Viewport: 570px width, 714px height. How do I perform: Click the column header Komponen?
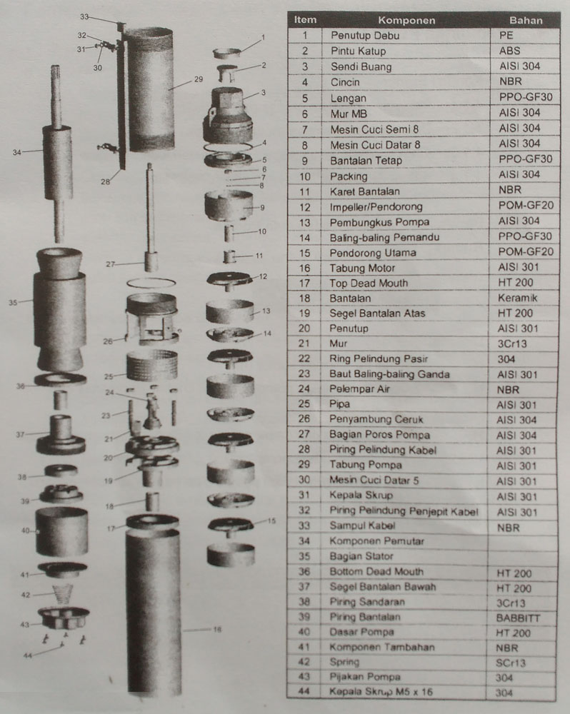point(406,20)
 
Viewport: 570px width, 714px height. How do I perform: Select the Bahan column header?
point(526,20)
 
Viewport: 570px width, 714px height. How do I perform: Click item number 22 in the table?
point(305,358)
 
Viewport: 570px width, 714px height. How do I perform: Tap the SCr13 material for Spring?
point(513,662)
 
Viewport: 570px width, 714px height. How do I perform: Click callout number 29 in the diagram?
point(199,80)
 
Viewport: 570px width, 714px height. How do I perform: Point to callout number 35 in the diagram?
point(12,303)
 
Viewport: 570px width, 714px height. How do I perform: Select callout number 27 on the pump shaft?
point(110,263)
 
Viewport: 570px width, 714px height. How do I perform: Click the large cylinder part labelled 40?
point(62,531)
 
